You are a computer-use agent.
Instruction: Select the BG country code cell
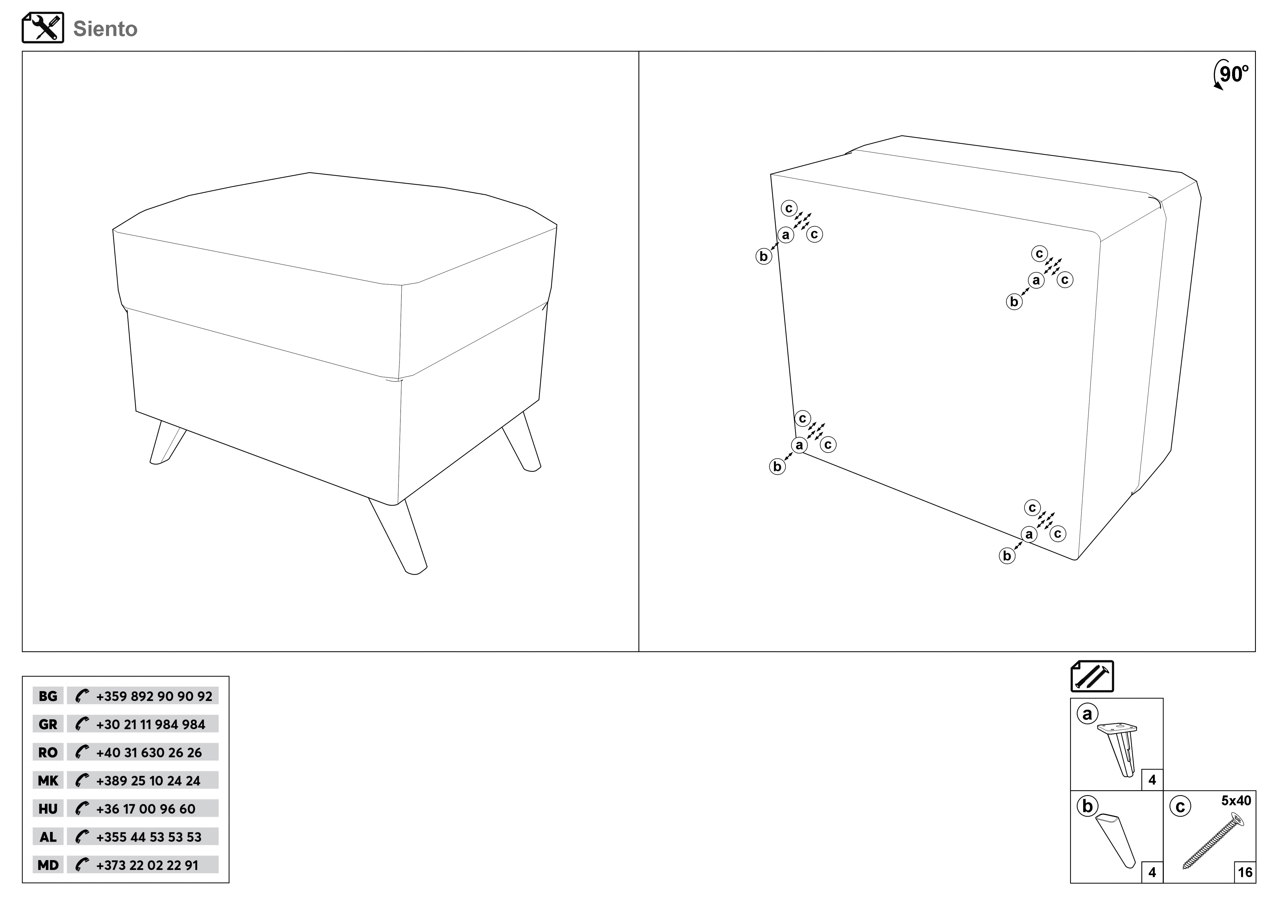(x=48, y=696)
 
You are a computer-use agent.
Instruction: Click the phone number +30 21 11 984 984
(x=151, y=724)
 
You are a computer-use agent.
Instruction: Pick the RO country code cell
(x=48, y=752)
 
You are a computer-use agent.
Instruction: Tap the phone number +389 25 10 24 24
(x=148, y=781)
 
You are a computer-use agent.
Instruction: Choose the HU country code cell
(x=48, y=809)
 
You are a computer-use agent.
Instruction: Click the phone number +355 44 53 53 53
(x=149, y=837)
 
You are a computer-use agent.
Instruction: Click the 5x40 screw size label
(x=1236, y=801)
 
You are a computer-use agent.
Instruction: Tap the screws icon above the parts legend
(x=1092, y=676)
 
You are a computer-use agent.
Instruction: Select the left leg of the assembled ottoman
(x=167, y=442)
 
